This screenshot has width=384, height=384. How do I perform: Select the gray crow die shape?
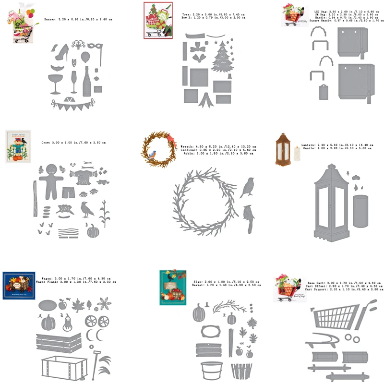[x=86, y=209]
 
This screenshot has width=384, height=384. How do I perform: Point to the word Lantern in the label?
[x=308, y=144]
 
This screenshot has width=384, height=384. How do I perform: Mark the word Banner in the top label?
[x=50, y=19]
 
